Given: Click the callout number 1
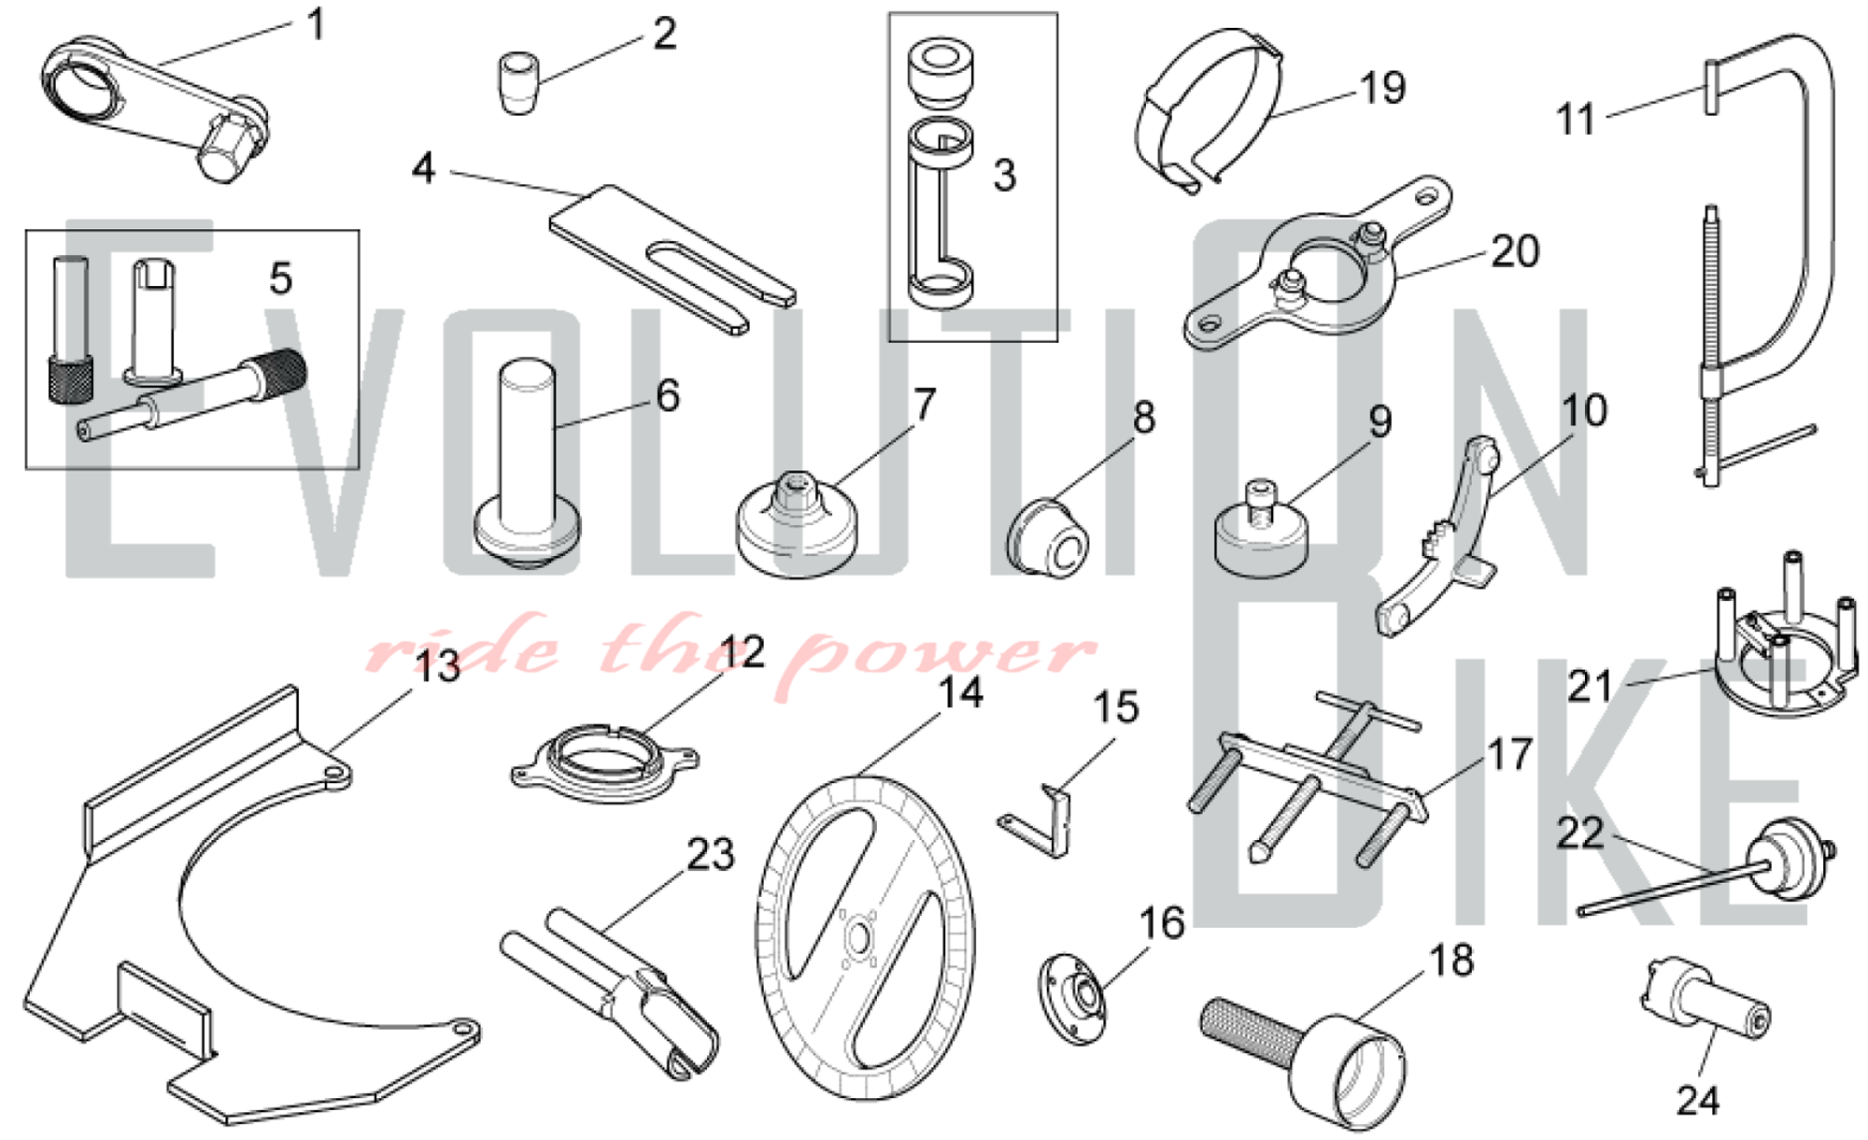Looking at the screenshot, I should [x=317, y=24].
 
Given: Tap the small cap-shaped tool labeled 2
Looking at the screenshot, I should [x=518, y=83].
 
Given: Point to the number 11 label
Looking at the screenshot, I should [x=1577, y=120].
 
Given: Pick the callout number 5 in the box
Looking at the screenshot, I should [x=280, y=278].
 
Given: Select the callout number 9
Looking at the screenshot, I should [x=1380, y=421].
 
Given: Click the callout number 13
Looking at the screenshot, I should [x=437, y=667].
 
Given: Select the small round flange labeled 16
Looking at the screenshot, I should [x=1074, y=998].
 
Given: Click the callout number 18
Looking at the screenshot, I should [x=1451, y=960].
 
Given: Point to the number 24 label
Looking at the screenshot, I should [x=1697, y=1100].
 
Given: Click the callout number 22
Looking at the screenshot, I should [x=1579, y=834].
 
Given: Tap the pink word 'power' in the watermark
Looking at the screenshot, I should [x=943, y=651].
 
